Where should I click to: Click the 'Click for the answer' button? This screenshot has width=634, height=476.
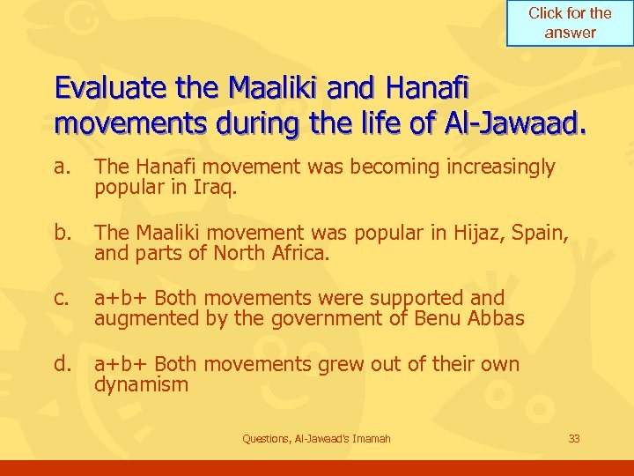click(570, 23)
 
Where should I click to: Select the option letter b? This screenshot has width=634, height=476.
click(62, 233)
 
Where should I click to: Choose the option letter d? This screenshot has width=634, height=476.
click(62, 364)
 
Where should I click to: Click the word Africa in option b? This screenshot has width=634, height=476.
click(301, 253)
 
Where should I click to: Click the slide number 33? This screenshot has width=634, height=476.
click(573, 438)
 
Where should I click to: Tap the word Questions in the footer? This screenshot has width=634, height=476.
click(265, 438)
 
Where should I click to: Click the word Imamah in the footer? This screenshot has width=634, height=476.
click(371, 438)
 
